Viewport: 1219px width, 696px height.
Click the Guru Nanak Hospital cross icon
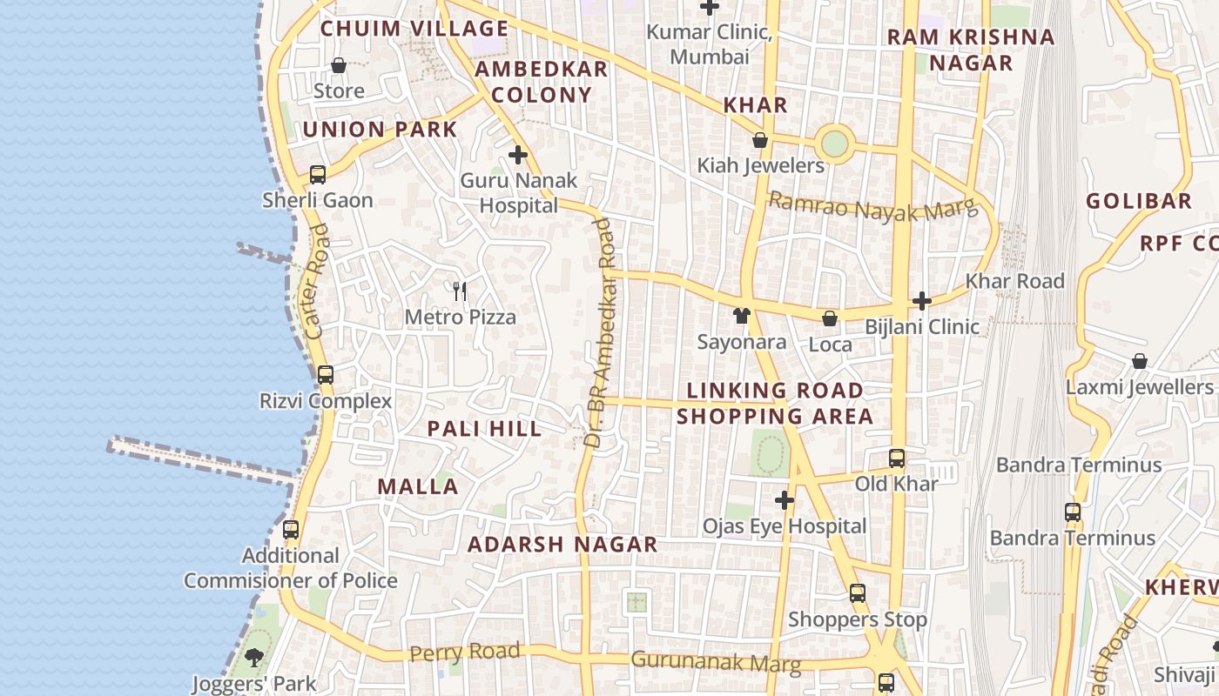518,156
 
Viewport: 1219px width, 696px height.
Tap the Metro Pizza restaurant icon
460,291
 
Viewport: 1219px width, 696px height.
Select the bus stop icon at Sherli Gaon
318,175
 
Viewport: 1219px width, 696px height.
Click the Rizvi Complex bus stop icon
325,376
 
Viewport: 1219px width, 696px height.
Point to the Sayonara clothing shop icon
741,316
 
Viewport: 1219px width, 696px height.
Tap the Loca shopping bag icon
830,318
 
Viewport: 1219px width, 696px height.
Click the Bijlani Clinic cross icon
922,301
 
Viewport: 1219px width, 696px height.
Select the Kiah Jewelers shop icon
760,140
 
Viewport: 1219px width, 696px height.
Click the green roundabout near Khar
834,144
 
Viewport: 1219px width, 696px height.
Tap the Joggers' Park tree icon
253,658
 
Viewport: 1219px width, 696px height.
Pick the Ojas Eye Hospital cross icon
785,500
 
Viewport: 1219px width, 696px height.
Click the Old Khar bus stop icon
896,458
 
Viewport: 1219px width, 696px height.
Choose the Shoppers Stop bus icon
858,593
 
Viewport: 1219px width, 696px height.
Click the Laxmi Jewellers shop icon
1139,361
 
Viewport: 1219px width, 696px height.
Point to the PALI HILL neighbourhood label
484,429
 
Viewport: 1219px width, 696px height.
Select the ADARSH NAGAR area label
562,545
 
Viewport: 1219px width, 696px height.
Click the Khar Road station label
1014,281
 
